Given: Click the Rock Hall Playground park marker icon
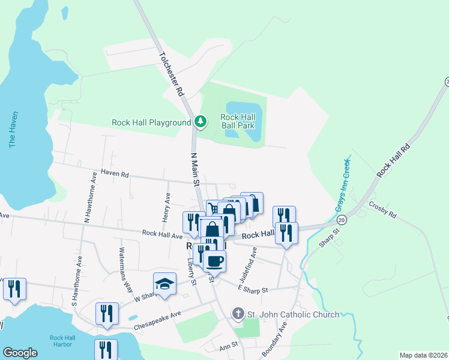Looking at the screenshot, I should point(200,122).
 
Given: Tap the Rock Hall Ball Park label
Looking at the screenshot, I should point(238,121).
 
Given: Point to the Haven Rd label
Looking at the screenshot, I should point(115,175).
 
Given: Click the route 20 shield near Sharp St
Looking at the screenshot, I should point(342,221).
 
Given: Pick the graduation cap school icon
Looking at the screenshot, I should point(164,284).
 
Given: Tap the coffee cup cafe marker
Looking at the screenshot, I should point(214,261).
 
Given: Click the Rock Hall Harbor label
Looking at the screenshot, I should point(61,340).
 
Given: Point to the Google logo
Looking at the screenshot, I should point(20,353).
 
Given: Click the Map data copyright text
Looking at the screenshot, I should point(423,355).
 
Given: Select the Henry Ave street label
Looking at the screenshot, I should point(167,204).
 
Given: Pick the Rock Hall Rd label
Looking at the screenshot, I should point(394,160).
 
